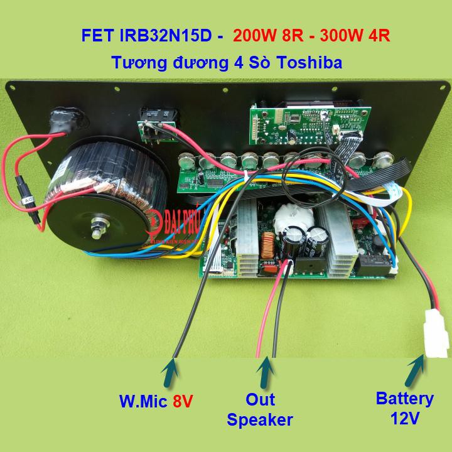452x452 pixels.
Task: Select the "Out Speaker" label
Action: [x=260, y=409]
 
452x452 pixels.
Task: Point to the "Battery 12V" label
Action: [x=404, y=407]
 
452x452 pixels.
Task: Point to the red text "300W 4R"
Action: [x=355, y=35]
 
